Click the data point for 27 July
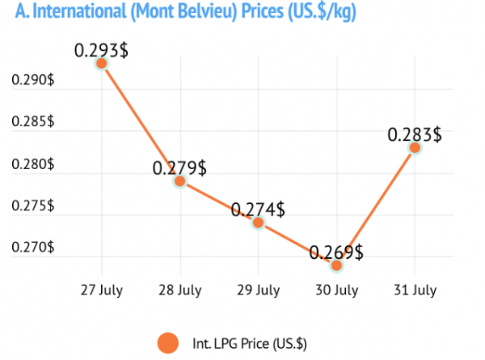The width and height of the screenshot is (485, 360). coord(102,63)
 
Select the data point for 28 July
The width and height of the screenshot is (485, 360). coord(180,181)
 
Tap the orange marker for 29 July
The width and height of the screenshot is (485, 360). coord(259,222)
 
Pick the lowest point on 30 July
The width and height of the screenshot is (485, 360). coord(336,265)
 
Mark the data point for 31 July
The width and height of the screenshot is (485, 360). coord(415,148)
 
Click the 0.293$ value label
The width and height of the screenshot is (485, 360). coord(101,50)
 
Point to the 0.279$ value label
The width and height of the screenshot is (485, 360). coord(179,168)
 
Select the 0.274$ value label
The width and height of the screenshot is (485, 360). coord(258,210)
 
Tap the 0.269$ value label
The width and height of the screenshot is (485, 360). coord(336,252)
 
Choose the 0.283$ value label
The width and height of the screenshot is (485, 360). coord(415,135)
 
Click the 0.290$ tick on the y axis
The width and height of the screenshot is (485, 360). coord(33,80)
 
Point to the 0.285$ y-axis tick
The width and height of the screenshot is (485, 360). coord(33,121)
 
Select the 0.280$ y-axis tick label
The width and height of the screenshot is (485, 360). coord(33,163)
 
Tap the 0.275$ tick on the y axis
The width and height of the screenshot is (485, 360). coord(33,205)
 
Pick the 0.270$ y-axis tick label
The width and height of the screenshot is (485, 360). coord(33,247)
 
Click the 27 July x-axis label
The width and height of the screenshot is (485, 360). coord(102,290)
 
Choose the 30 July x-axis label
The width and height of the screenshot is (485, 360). coord(336,290)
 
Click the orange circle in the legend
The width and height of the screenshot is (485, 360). coord(168,343)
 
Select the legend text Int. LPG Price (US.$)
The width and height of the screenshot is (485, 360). coord(250,344)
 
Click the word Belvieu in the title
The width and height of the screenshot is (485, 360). coord(208,11)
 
